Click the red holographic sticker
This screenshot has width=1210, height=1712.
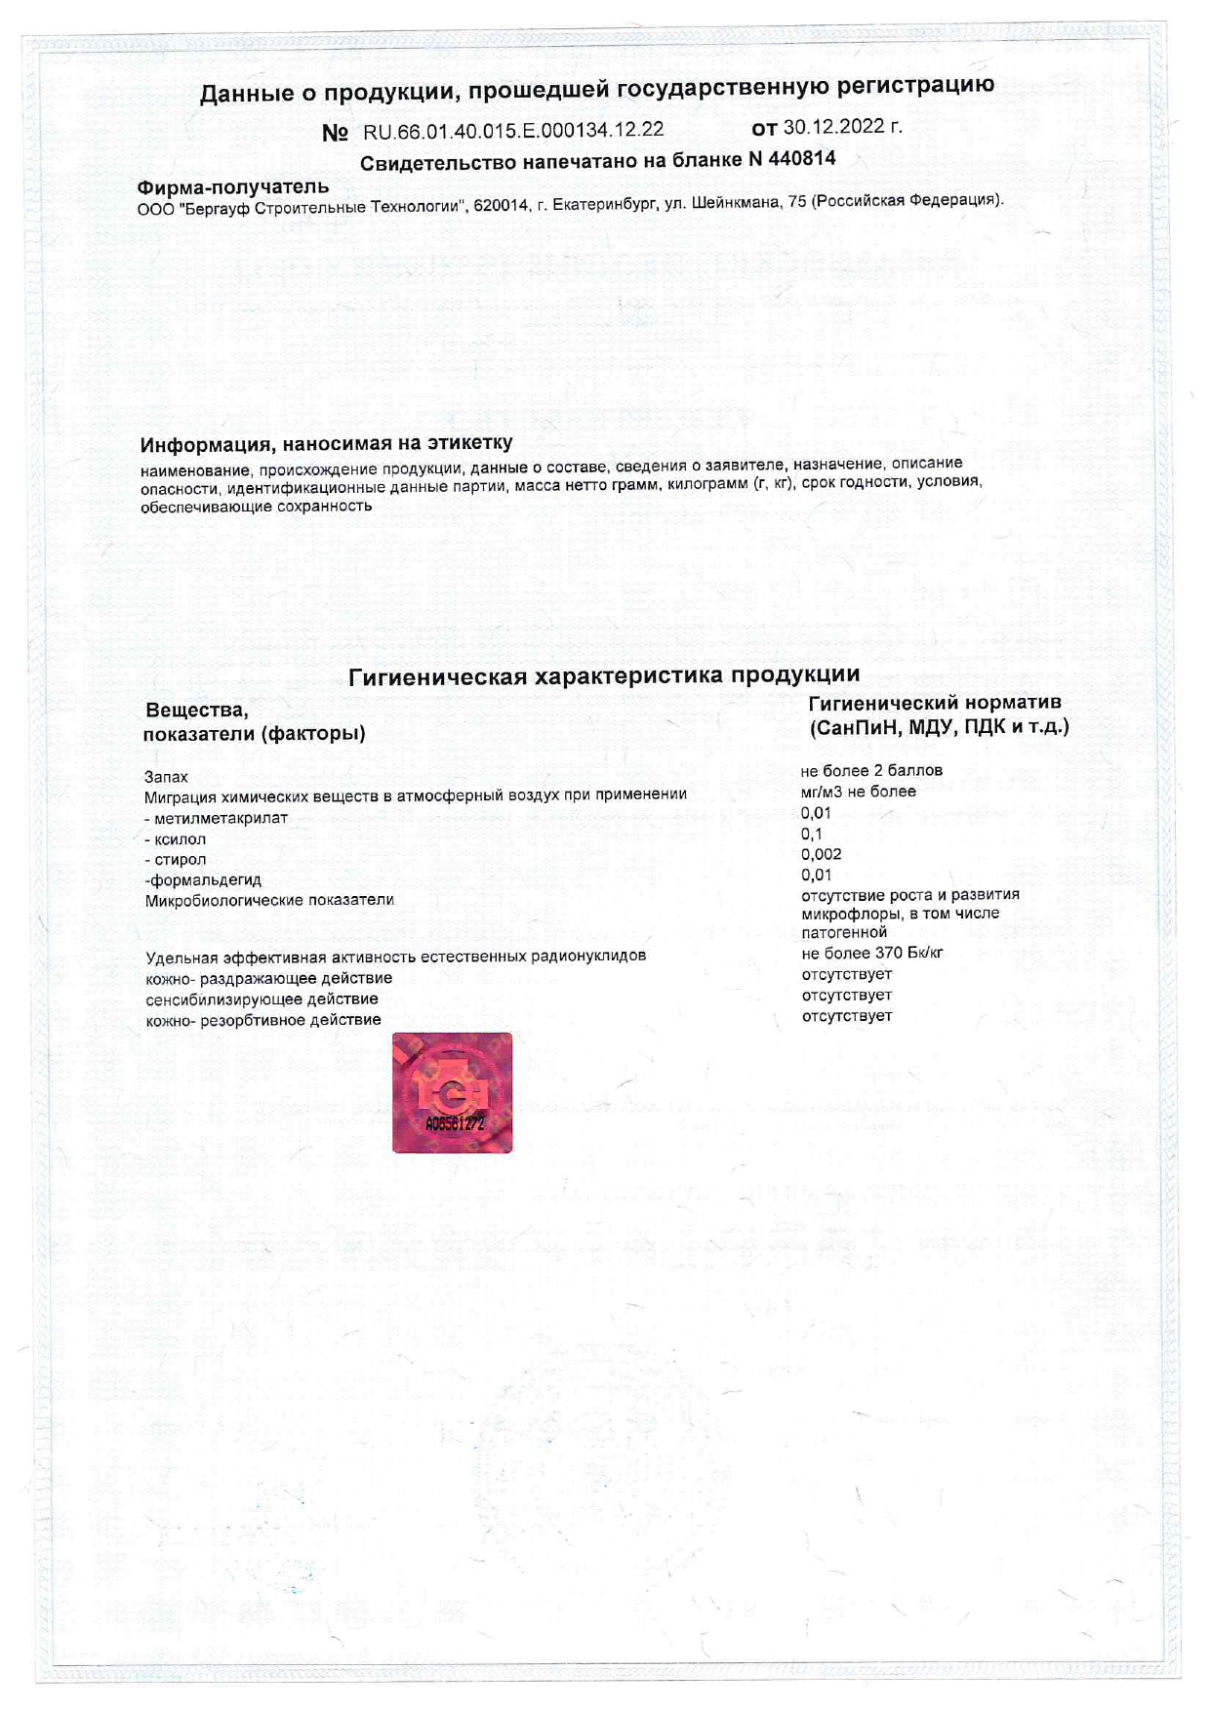point(452,1092)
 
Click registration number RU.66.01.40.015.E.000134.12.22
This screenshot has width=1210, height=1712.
point(513,131)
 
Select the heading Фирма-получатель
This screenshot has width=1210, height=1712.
point(233,186)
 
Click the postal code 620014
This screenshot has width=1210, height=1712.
point(501,206)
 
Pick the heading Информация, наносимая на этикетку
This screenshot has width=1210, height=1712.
point(326,444)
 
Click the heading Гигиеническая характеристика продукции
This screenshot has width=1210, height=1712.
point(604,675)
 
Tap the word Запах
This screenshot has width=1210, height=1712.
point(166,777)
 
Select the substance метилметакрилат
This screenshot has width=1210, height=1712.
point(221,818)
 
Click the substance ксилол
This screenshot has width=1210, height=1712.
point(180,839)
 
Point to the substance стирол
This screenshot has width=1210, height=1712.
point(180,860)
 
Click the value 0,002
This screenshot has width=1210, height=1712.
point(821,854)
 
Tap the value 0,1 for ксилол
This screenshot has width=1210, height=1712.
point(812,834)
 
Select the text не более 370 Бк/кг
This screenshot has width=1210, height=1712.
point(871,953)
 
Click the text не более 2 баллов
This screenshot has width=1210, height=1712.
point(871,770)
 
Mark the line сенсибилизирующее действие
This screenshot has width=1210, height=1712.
point(262,999)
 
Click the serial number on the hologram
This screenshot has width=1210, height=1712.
point(454,1123)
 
